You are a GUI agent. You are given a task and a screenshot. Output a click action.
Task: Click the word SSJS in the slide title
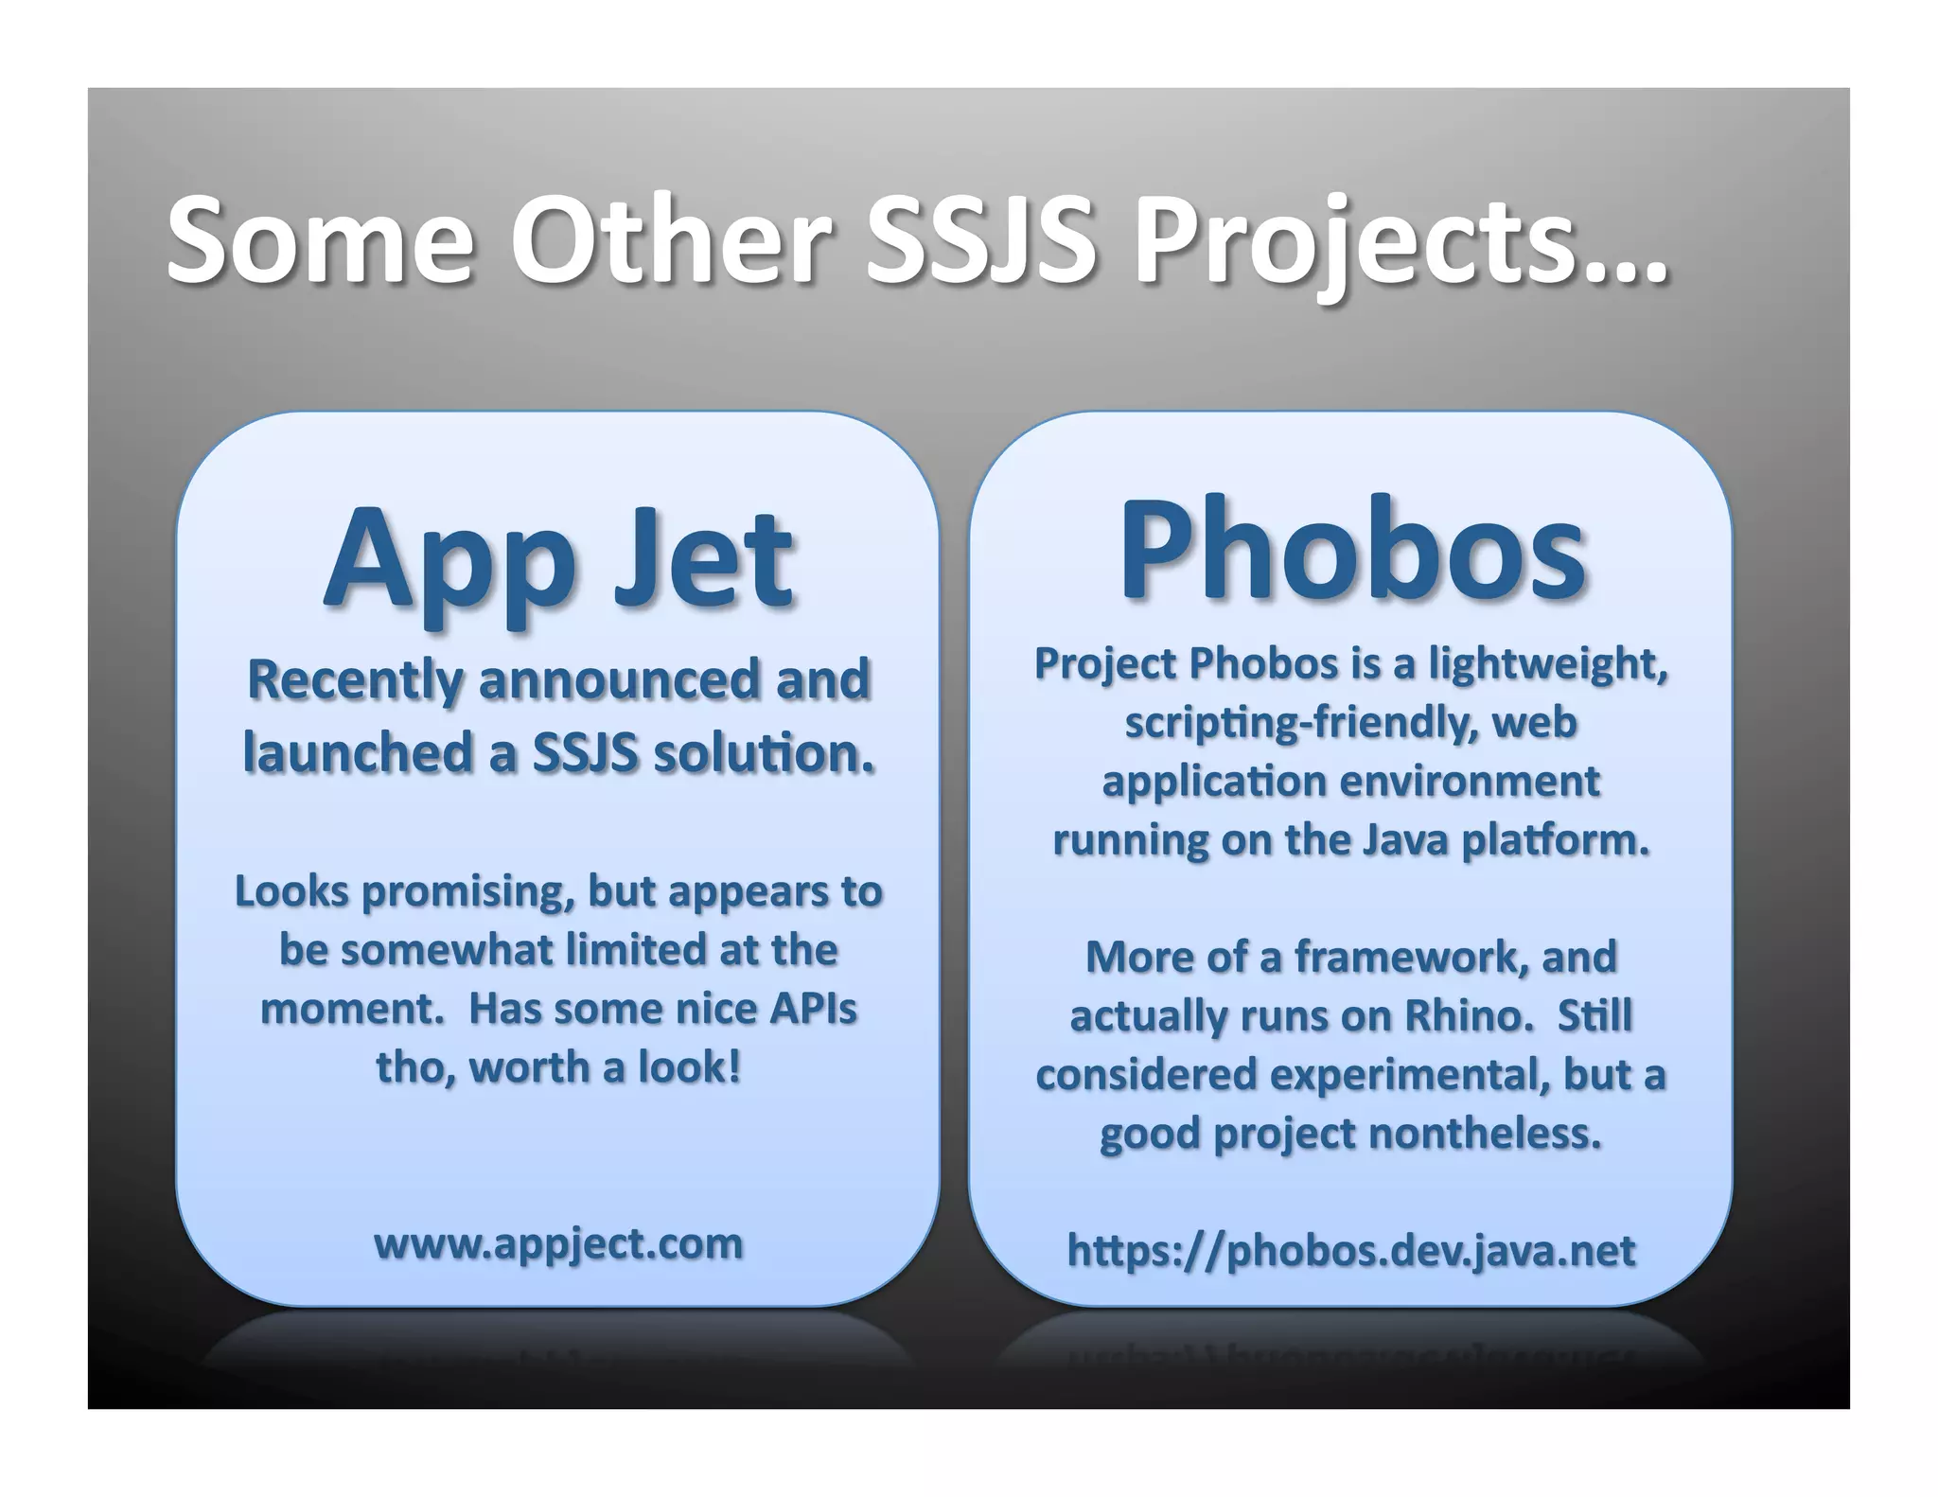point(981,240)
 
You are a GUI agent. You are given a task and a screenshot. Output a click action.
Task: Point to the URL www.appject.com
point(558,1243)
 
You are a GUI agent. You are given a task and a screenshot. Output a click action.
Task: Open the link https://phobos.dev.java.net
point(1350,1250)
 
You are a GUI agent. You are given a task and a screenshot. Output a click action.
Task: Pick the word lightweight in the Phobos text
point(1547,663)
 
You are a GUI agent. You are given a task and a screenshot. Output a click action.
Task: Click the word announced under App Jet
point(620,679)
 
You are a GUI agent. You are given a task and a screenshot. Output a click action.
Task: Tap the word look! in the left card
point(689,1067)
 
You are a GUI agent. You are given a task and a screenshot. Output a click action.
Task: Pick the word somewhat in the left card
point(447,950)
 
